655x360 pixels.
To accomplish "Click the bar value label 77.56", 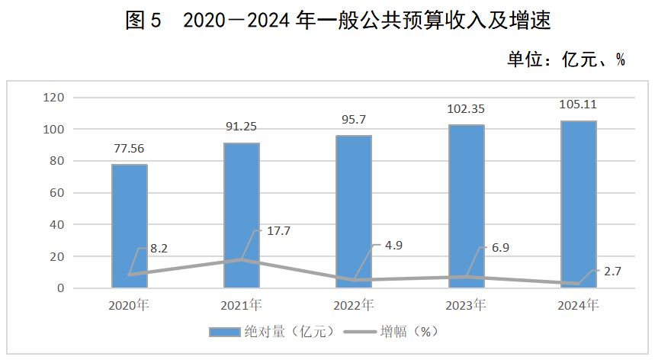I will [x=129, y=150].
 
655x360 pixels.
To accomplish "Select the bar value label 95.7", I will [x=354, y=121].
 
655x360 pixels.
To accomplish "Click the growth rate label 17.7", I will [x=278, y=230].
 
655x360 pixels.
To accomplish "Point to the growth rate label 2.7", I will [x=612, y=270].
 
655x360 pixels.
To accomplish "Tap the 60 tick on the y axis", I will [x=56, y=193].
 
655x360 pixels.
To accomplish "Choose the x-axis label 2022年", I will [x=354, y=305].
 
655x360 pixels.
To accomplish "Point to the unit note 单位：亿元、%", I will [x=566, y=59].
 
